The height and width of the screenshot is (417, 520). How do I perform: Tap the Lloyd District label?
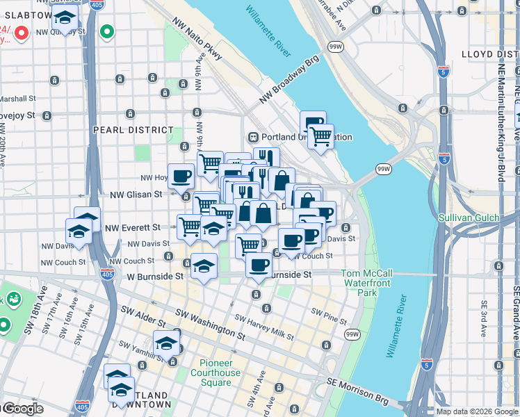[489, 54]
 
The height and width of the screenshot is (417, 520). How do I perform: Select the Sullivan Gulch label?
[469, 218]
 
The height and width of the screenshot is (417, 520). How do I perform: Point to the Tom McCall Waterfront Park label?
[366, 283]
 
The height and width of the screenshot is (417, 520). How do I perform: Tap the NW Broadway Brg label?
[289, 80]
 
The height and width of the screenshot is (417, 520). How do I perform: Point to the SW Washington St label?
[210, 324]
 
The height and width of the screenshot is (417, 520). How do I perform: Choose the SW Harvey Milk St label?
[264, 327]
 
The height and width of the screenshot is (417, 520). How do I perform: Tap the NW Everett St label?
[132, 227]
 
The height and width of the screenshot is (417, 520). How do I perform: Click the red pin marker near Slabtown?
[22, 32]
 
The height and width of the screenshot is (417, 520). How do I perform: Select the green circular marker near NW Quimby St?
[106, 32]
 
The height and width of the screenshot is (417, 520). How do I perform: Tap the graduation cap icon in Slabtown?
[65, 19]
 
